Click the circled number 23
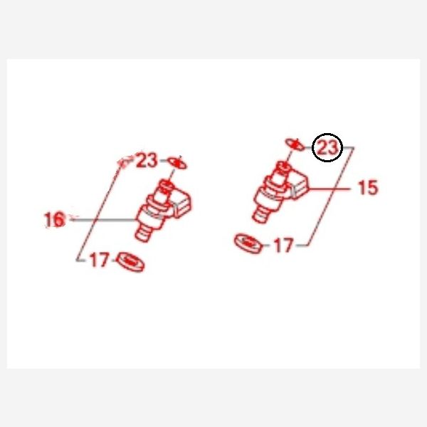pyautogui.click(x=327, y=147)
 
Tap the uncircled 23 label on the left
pyautogui.click(x=147, y=160)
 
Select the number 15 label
pyautogui.click(x=368, y=187)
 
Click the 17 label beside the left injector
pyautogui.click(x=100, y=260)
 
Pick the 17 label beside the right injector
pyautogui.click(x=284, y=245)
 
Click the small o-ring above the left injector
pyautogui.click(x=177, y=163)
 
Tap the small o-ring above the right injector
pyautogui.click(x=295, y=144)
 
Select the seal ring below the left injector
pyautogui.click(x=130, y=262)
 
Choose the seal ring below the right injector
pyautogui.click(x=248, y=243)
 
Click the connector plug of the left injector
pyautogui.click(x=182, y=204)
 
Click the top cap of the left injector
pyautogui.click(x=166, y=186)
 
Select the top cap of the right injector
pyautogui.click(x=283, y=167)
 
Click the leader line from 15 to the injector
pyautogui.click(x=329, y=189)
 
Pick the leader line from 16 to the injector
pyautogui.click(x=103, y=220)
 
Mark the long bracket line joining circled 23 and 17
pyautogui.click(x=331, y=196)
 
